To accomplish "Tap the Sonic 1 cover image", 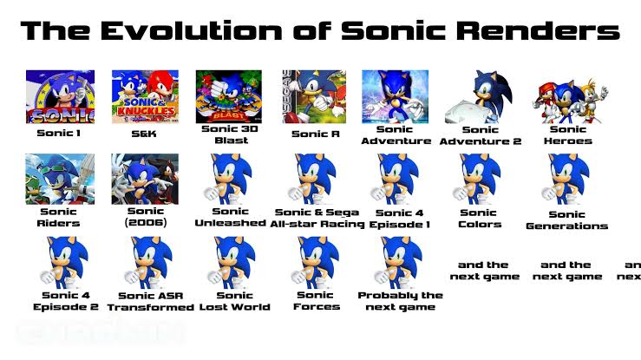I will tap(60, 97).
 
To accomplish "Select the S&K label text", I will tap(144, 134).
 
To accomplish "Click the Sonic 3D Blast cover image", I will tap(230, 96).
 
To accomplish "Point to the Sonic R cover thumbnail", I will tap(315, 96).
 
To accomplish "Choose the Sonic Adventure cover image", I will tap(395, 96).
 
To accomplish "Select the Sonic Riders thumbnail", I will tap(60, 179).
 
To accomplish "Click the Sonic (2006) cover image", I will tap(145, 179).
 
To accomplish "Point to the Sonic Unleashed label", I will tap(230, 217).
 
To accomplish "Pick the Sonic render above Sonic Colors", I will tap(478, 179).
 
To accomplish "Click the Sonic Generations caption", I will tap(566, 220).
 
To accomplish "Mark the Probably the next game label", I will tap(400, 301).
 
